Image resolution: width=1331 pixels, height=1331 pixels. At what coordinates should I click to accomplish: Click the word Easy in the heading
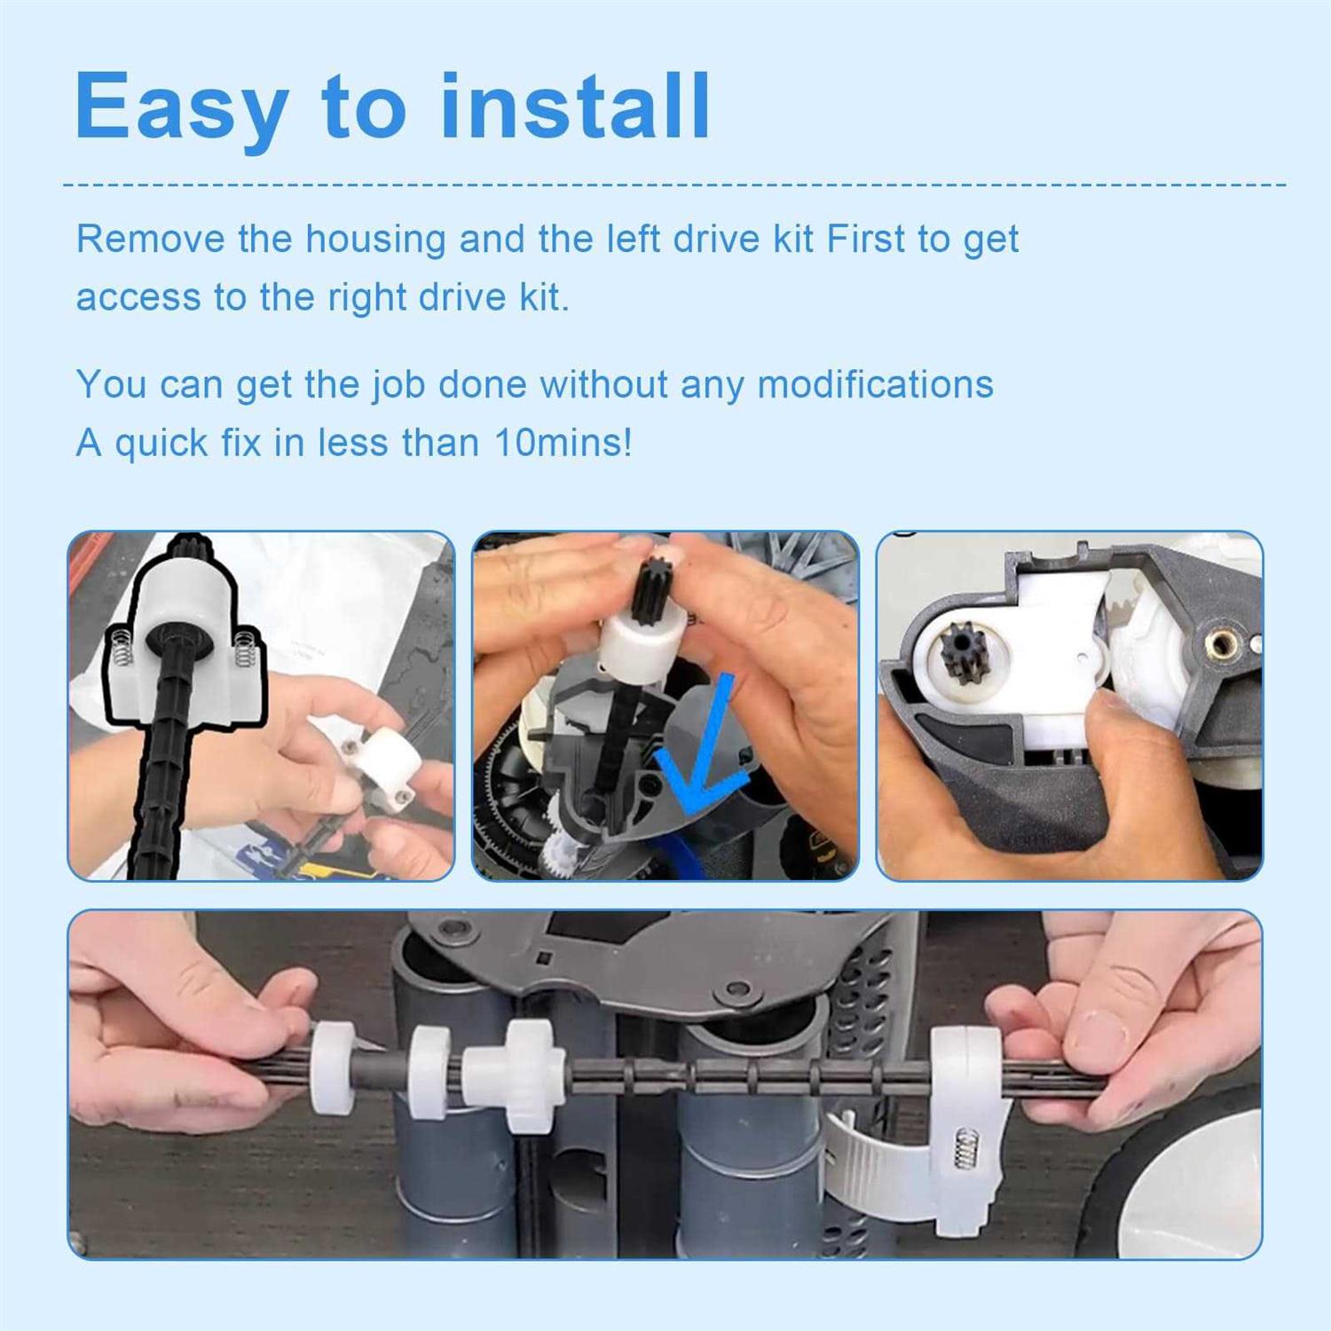click(x=182, y=108)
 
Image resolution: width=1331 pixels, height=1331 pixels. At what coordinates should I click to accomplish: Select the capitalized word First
click(x=865, y=239)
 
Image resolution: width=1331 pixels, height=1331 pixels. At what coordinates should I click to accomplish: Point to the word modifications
click(x=875, y=384)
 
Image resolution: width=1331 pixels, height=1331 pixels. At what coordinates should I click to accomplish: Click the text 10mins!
click(x=563, y=442)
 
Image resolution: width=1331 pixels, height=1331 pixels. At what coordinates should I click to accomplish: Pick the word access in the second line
click(x=138, y=298)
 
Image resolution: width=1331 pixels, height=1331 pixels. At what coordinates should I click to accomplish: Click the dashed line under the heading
click(x=675, y=185)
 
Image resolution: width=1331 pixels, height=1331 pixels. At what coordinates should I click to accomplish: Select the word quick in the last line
click(x=161, y=444)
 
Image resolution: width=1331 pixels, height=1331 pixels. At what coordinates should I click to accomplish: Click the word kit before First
click(x=793, y=239)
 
